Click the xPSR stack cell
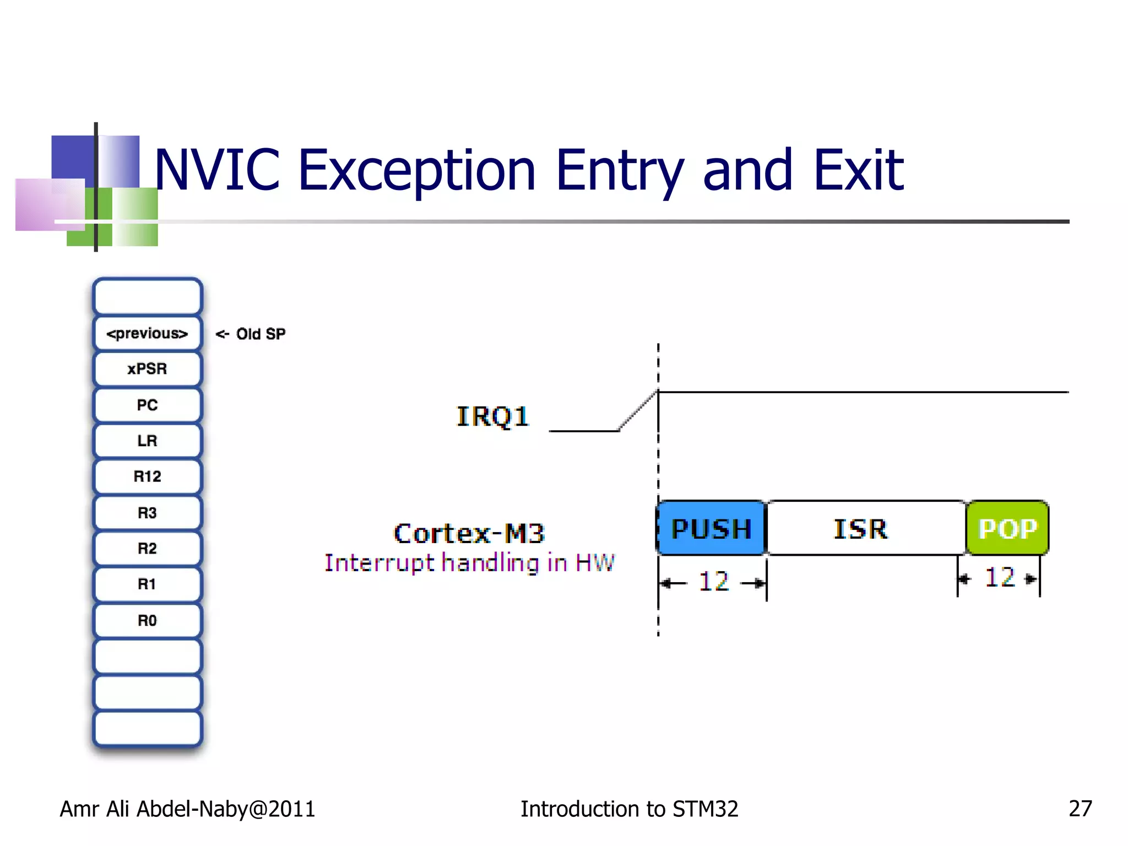[147, 369]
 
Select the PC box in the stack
[147, 405]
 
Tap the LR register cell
[147, 441]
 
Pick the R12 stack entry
[147, 476]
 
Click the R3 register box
[147, 513]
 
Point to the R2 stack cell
[147, 549]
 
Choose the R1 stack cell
[147, 584]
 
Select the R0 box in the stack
[147, 621]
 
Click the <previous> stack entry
[147, 334]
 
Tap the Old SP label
[260, 334]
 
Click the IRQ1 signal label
[492, 416]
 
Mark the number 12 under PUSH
[714, 582]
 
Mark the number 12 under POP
[1000, 578]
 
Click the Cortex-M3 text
[469, 533]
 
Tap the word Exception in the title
[416, 170]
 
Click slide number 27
[1080, 809]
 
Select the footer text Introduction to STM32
[629, 809]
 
